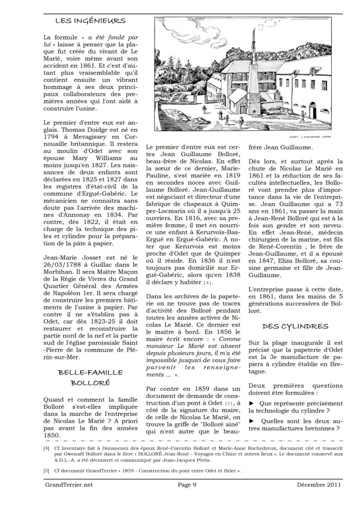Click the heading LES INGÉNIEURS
pos(90,21)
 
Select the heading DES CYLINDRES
pos(295,326)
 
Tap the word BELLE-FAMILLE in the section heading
pos(90,372)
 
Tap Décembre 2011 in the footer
pos(319,484)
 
